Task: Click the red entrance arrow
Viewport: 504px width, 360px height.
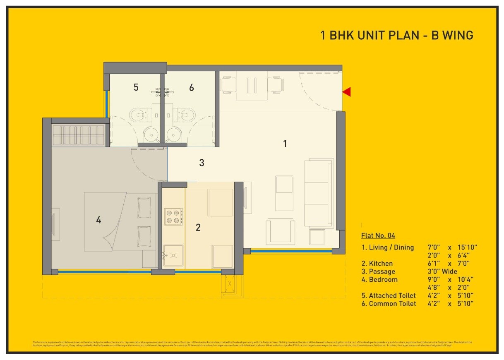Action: click(x=347, y=92)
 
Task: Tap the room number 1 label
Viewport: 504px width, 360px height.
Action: click(x=285, y=144)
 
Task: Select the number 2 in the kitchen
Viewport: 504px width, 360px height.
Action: click(x=198, y=227)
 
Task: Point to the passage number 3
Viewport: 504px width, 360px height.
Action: click(x=202, y=163)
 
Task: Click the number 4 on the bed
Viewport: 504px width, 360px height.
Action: click(x=98, y=220)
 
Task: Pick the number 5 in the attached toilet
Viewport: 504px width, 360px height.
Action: click(x=136, y=87)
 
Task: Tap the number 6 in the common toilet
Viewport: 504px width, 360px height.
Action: click(x=191, y=87)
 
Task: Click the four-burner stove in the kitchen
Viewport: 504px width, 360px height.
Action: click(x=174, y=216)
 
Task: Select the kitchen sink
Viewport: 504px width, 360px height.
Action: click(x=173, y=255)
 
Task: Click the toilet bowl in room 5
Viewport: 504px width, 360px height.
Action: click(x=138, y=114)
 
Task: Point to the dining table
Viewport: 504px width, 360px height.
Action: click(x=252, y=86)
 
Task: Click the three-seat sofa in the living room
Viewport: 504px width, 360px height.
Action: click(x=319, y=192)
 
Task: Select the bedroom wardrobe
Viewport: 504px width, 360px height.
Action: click(x=79, y=134)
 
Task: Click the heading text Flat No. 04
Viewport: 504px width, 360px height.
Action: click(x=378, y=236)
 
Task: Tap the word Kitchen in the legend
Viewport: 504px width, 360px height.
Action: click(x=381, y=263)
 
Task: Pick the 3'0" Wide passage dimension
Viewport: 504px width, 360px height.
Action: click(x=442, y=271)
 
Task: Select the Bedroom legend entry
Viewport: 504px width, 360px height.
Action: click(x=383, y=280)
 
